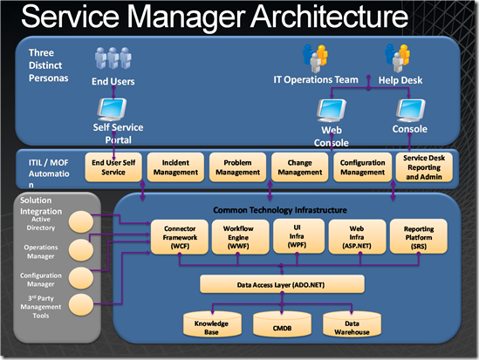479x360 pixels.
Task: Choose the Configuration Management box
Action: pyautogui.click(x=360, y=165)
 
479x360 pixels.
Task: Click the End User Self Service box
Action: pyautogui.click(x=113, y=165)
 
